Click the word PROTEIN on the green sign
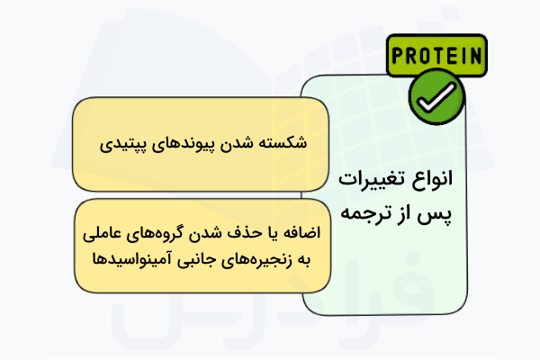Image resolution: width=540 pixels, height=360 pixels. click(x=436, y=56)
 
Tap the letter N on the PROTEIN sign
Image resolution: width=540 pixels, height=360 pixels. click(x=473, y=56)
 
